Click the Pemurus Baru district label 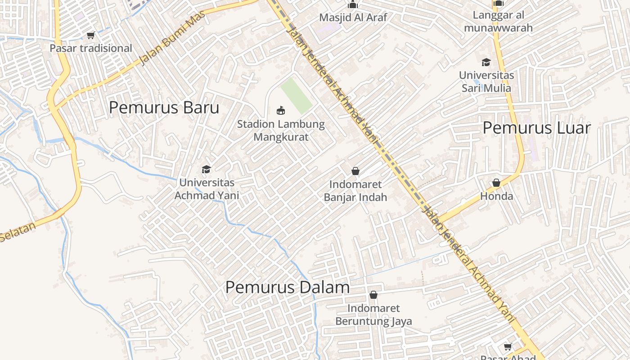click(x=164, y=108)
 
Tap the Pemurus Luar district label click(x=536, y=128)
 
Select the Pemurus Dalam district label click(x=287, y=288)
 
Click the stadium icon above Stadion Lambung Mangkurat click(x=281, y=110)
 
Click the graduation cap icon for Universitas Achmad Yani click(x=206, y=170)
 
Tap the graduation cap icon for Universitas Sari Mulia click(x=486, y=62)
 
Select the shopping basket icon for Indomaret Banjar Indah click(x=355, y=171)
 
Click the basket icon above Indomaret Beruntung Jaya click(x=373, y=295)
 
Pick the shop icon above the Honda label click(x=496, y=183)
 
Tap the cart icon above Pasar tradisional click(x=90, y=35)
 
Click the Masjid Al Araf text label click(x=353, y=18)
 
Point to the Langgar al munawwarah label click(x=498, y=22)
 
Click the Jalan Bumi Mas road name click(x=172, y=39)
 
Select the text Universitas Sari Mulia click(x=486, y=81)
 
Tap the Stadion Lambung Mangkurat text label click(x=281, y=130)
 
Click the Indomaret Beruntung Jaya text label click(x=373, y=315)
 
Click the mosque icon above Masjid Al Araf click(x=353, y=4)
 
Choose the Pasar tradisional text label click(x=91, y=48)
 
